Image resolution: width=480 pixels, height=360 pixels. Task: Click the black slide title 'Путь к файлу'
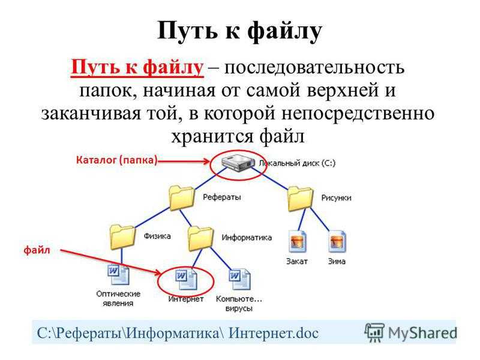click(239, 31)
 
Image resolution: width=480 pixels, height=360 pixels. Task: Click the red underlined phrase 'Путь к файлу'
click(137, 67)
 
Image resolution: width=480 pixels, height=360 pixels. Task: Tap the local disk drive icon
click(238, 163)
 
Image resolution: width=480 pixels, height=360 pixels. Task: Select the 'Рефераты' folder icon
click(182, 198)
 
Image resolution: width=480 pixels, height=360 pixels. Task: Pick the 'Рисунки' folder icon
click(301, 199)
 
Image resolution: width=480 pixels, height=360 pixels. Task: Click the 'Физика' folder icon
click(122, 236)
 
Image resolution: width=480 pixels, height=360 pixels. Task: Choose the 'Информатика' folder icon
click(200, 238)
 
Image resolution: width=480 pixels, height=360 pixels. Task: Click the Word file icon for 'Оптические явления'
click(118, 275)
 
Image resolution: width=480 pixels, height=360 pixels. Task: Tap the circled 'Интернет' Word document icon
click(186, 278)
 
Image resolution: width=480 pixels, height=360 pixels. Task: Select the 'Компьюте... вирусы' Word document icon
click(239, 279)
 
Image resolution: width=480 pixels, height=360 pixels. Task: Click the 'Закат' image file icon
click(297, 241)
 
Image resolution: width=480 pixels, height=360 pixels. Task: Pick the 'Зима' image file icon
click(337, 241)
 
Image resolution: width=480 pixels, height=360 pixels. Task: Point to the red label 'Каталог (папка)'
click(116, 160)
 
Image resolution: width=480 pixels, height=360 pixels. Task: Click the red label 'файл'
click(37, 250)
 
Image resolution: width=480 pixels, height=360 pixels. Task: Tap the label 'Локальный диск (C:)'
click(297, 163)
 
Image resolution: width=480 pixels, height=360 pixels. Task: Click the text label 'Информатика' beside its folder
click(247, 238)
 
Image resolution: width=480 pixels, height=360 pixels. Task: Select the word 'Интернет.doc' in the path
click(274, 333)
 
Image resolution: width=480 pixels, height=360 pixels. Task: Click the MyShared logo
click(410, 332)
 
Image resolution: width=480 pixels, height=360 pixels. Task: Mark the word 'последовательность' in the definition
click(314, 68)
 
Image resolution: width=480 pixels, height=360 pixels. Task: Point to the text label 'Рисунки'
click(336, 198)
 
